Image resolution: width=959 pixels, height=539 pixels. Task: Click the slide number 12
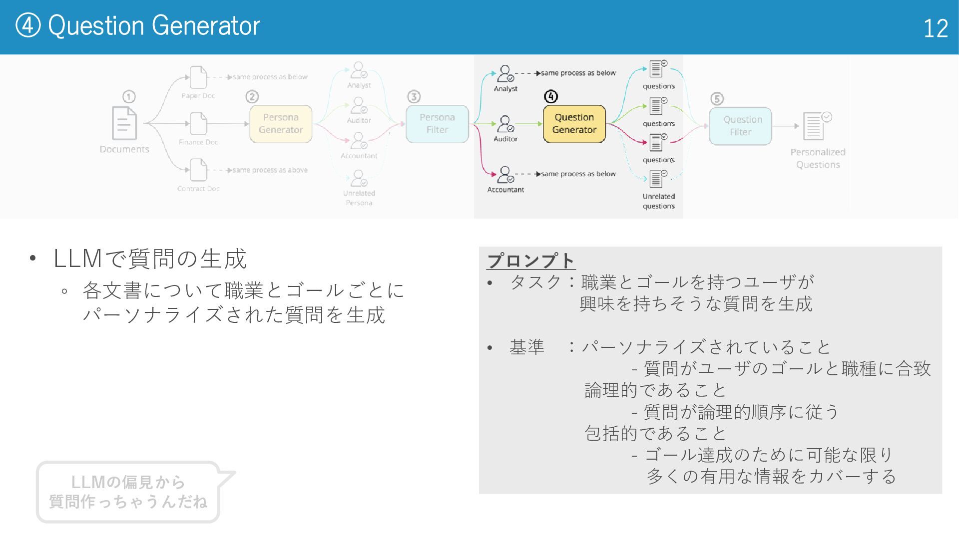click(935, 28)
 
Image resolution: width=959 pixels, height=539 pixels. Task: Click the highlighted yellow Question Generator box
click(574, 124)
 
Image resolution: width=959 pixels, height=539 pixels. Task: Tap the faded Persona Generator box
click(281, 124)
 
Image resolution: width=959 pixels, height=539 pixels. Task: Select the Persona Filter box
click(437, 124)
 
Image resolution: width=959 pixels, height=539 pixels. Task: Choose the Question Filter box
click(741, 126)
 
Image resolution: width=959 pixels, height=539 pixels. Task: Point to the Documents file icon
click(124, 123)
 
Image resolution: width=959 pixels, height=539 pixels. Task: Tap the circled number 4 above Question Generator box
click(550, 96)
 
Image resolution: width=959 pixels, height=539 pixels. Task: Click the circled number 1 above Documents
click(129, 96)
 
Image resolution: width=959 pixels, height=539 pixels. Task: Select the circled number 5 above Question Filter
click(717, 99)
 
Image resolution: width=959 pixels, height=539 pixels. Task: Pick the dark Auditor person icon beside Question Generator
click(505, 123)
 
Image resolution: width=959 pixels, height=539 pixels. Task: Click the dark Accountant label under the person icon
click(505, 190)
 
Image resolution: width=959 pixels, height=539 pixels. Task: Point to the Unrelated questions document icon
click(657, 179)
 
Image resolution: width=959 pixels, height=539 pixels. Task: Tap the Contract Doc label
click(198, 189)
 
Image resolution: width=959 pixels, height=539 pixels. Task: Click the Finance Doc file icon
click(198, 123)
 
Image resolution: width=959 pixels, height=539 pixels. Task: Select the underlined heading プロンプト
click(531, 261)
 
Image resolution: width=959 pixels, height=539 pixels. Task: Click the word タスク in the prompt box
click(535, 282)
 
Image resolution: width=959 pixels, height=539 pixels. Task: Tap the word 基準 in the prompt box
click(526, 347)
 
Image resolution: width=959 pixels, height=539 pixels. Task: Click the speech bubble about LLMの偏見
click(128, 492)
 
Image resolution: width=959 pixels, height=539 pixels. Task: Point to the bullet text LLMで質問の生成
click(150, 259)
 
